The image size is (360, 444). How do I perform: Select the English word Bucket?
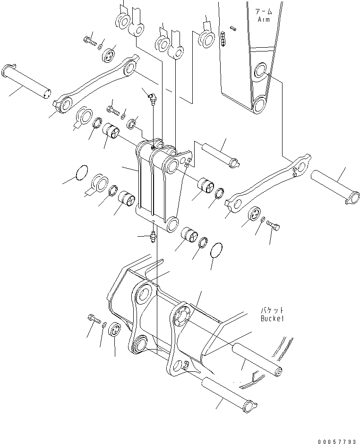click(x=273, y=318)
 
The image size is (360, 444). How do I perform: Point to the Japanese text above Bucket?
click(x=273, y=310)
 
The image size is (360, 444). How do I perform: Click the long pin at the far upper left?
click(x=26, y=81)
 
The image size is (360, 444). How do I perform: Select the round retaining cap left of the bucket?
click(x=115, y=331)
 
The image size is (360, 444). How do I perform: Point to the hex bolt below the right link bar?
click(x=273, y=225)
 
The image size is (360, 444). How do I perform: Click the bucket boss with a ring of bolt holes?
click(x=180, y=315)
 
